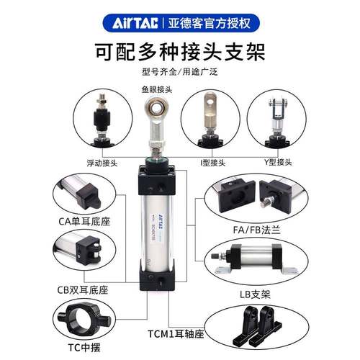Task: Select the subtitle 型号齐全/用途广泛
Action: pyautogui.click(x=180, y=74)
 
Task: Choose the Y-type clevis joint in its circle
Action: pyautogui.click(x=278, y=119)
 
